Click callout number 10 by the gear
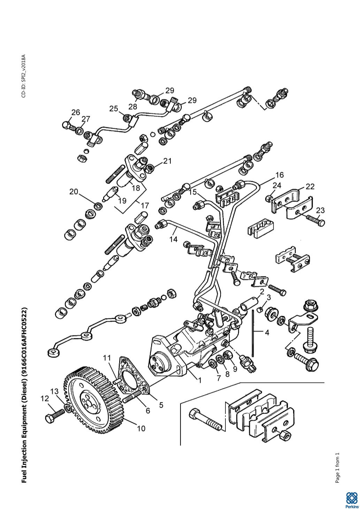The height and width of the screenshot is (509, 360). point(141,428)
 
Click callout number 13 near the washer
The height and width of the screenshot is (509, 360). point(54,391)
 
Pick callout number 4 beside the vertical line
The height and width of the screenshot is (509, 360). point(267,333)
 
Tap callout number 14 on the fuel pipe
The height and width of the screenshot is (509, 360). point(174,239)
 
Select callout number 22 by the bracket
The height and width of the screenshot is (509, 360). point(310,186)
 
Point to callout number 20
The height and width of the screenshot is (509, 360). point(74,192)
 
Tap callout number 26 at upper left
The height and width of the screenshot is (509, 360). point(76,112)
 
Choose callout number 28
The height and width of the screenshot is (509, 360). point(133,106)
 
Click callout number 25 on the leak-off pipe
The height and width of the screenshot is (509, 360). point(114,109)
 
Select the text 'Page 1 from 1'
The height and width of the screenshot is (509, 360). point(337,465)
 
